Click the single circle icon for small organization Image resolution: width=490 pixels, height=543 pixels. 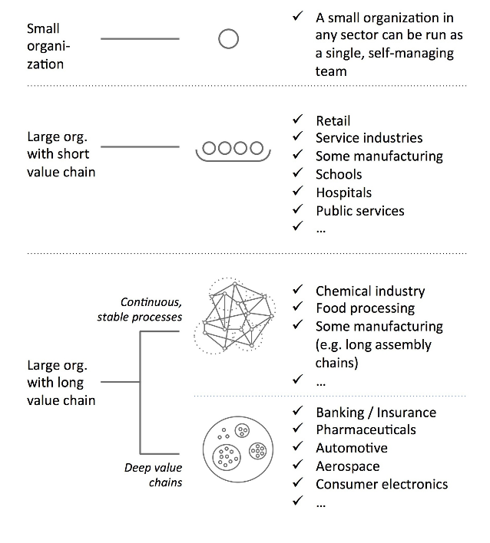click(228, 39)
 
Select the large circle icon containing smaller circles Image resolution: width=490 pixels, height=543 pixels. click(237, 447)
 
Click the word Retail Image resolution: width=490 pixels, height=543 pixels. click(333, 120)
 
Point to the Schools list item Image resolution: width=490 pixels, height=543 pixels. click(339, 174)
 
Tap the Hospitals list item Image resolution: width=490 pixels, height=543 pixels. click(343, 193)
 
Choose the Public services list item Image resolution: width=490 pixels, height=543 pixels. click(359, 211)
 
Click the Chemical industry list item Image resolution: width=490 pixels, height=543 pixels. click(369, 291)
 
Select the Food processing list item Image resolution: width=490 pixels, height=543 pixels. click(365, 308)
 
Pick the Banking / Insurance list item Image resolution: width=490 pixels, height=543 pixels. click(376, 412)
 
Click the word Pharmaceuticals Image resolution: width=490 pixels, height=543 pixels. click(366, 429)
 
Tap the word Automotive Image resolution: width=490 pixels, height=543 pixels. click(351, 448)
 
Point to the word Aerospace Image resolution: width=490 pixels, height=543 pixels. click(347, 466)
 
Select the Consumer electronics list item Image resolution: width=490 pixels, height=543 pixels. click(382, 484)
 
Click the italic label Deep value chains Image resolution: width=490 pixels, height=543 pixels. click(154, 474)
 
